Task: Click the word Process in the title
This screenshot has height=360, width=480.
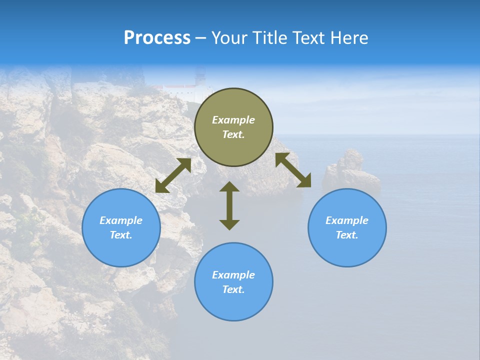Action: [157, 38]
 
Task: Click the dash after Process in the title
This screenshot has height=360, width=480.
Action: [201, 38]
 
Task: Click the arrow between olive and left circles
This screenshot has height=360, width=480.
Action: [173, 175]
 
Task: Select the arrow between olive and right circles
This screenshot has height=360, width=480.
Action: [293, 170]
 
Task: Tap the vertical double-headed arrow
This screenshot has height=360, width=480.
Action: [229, 205]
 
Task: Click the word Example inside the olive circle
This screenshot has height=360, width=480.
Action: [233, 120]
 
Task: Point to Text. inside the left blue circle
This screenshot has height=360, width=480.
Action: [121, 235]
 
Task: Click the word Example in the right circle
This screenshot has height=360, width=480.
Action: [347, 220]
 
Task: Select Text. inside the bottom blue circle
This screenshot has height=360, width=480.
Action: [233, 289]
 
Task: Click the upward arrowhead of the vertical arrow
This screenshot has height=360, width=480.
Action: [229, 186]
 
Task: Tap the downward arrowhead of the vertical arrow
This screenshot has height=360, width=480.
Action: [229, 224]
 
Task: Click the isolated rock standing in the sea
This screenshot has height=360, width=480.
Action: [350, 170]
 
